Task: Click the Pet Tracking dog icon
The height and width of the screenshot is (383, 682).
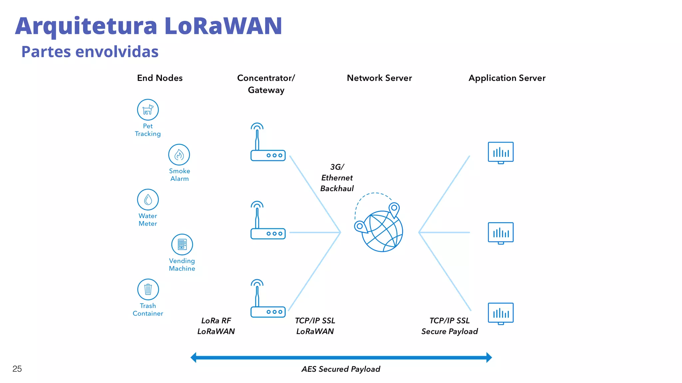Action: click(148, 110)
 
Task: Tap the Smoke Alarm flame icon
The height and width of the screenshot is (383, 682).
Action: click(179, 155)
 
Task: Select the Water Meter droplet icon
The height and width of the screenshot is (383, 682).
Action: click(148, 199)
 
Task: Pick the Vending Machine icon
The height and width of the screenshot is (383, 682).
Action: click(182, 244)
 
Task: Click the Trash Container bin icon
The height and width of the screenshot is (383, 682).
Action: click(148, 289)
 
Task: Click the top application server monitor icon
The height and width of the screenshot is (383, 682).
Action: click(501, 153)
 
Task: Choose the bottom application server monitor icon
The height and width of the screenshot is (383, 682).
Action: click(501, 314)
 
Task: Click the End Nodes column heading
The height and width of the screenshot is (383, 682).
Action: click(160, 78)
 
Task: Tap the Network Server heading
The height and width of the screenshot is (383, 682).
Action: click(379, 78)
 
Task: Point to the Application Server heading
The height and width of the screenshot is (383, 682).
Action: click(507, 78)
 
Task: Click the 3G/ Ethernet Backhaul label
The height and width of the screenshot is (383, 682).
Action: click(337, 178)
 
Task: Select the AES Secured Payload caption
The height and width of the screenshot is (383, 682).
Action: click(341, 369)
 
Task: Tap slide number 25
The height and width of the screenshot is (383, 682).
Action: click(17, 369)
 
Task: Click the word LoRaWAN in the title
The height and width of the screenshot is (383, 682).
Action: click(223, 26)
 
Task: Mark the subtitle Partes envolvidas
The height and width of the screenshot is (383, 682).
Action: click(90, 52)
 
